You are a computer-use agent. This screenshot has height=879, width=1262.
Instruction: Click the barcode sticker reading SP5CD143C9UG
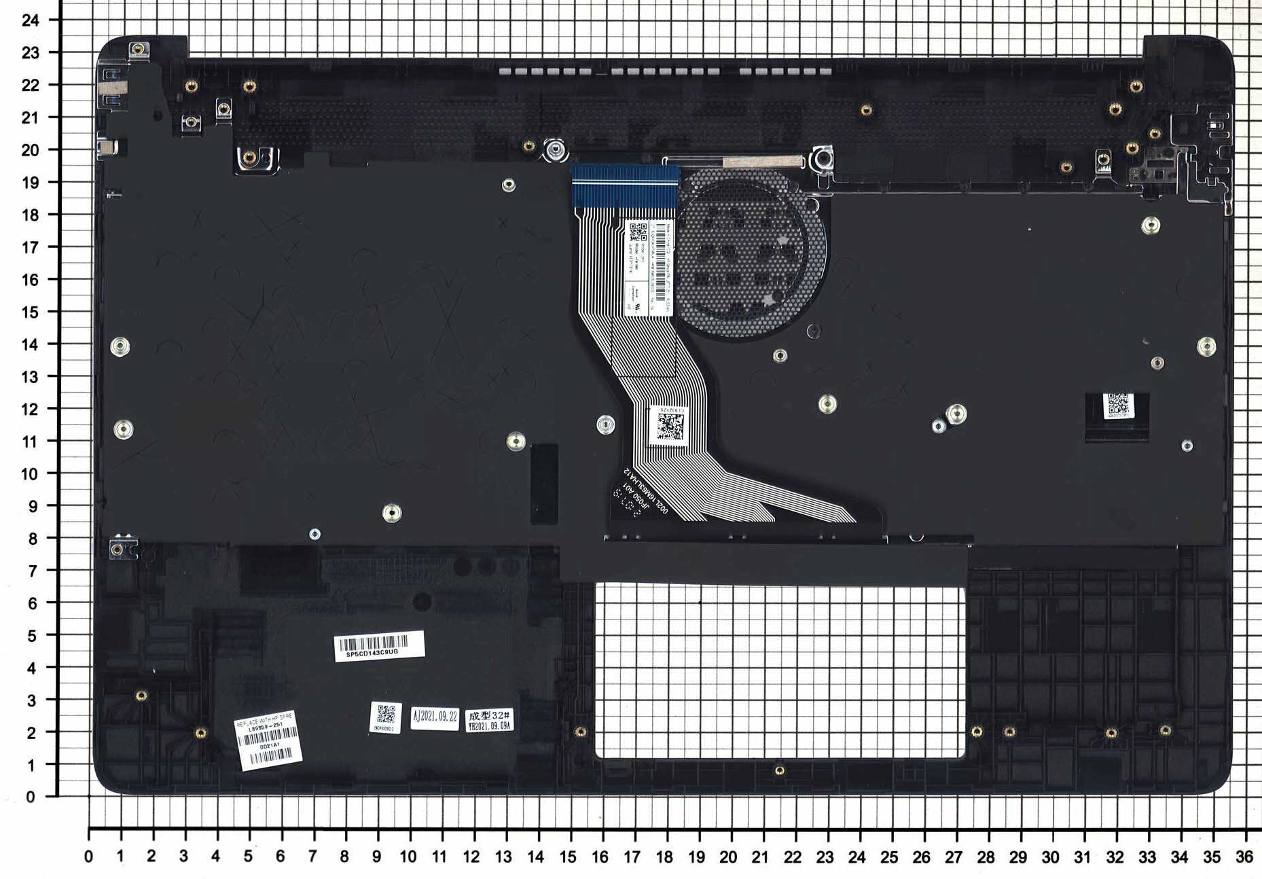(x=379, y=645)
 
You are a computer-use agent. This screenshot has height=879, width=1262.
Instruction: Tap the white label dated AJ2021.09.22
(x=435, y=717)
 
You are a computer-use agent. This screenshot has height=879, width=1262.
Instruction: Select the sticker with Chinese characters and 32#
(x=489, y=720)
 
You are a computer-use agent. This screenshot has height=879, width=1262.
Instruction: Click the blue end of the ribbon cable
(x=625, y=185)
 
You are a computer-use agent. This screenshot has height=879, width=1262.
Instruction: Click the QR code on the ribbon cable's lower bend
(x=670, y=426)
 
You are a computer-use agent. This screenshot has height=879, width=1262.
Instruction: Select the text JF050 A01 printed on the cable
(x=638, y=499)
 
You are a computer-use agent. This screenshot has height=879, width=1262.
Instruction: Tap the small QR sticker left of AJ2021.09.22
(x=386, y=717)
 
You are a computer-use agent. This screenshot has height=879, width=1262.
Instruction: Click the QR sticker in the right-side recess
(x=1117, y=406)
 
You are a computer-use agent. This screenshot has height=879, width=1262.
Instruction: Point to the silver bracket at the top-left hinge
(x=112, y=85)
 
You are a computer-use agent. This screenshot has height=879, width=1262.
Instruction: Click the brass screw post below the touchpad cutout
(x=780, y=770)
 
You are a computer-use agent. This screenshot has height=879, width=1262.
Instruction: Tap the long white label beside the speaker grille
(x=649, y=267)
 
